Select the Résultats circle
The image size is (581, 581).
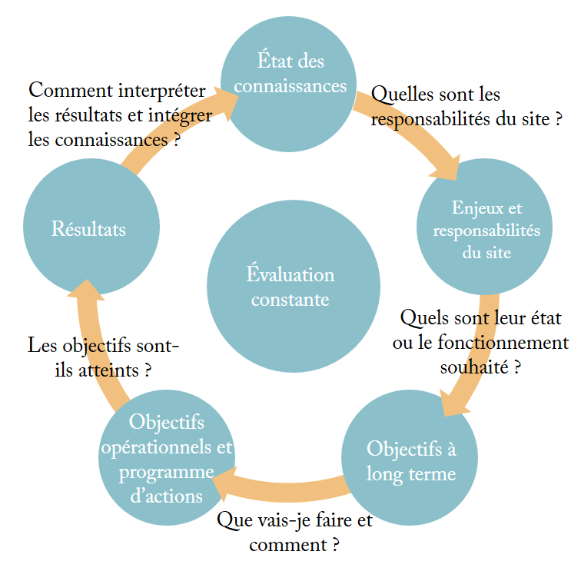pos(90,229)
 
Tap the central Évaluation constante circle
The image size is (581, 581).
pos(290,286)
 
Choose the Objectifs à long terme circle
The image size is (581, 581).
pos(410,460)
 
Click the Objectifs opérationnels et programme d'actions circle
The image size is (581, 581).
pos(167,458)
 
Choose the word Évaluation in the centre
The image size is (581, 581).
pos(290,274)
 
